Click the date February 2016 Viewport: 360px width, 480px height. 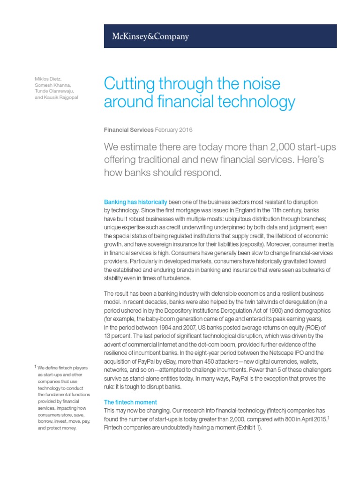coord(173,130)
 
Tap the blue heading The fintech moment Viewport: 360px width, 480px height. coord(130,402)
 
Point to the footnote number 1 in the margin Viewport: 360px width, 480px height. coord(35,367)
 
